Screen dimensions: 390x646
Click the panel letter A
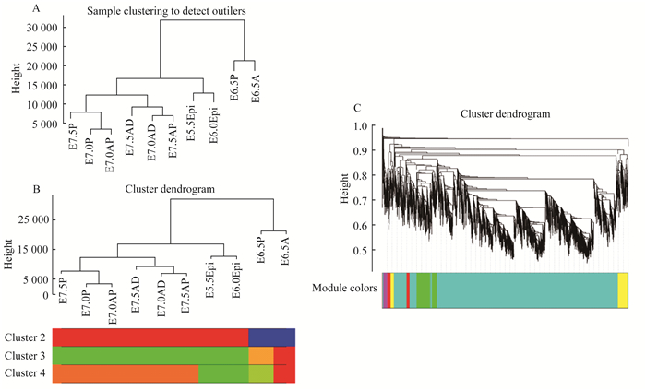(x=34, y=7)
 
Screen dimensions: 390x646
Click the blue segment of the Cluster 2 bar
(x=271, y=337)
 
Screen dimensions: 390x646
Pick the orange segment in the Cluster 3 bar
(x=261, y=355)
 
